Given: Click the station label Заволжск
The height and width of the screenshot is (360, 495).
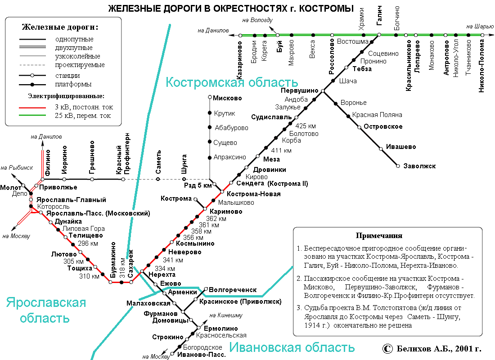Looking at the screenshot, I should tap(419, 166).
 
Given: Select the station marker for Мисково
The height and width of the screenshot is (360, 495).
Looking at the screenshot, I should tap(210, 97).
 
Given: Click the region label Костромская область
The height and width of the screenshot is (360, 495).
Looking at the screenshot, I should tap(232, 82).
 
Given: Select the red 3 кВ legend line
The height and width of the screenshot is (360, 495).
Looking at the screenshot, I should tap(32, 108).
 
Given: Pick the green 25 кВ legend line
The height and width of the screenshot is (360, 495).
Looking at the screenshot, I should tap(32, 116).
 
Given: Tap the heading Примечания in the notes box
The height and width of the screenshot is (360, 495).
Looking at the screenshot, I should tap(379, 236).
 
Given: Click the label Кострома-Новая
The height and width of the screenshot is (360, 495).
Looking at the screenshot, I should tap(253, 194).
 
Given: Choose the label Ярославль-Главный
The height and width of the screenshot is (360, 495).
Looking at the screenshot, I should tap(72, 199).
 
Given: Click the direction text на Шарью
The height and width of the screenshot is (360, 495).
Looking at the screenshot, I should tap(477, 27).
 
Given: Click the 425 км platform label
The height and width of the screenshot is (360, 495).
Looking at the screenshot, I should tap(306, 126).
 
